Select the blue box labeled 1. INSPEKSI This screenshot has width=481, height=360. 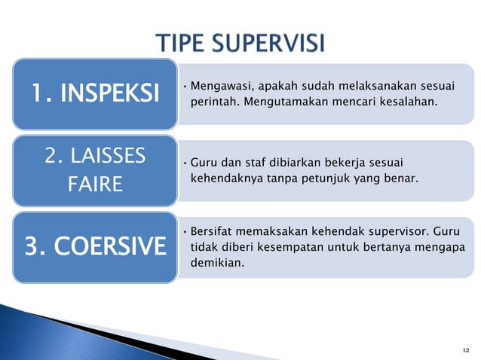coord(95,93)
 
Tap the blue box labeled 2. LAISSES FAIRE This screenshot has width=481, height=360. coord(95,169)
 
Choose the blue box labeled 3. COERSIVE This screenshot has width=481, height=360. coord(95,246)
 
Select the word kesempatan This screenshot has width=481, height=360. coord(283,247)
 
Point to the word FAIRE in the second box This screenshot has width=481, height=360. coord(95,184)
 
